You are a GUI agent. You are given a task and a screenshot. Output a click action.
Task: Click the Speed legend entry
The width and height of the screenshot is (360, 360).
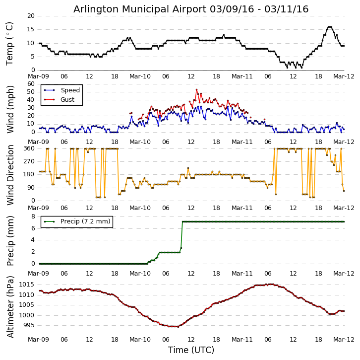point(70,90)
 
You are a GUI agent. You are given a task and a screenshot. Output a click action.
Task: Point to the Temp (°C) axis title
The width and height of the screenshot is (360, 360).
point(10,43)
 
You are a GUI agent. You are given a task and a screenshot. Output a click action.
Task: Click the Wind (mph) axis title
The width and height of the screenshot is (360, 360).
point(10,109)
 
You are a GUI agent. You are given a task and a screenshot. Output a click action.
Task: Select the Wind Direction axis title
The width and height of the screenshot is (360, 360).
point(10,175)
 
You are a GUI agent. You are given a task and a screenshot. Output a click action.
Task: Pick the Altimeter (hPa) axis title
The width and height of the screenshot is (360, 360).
point(10,306)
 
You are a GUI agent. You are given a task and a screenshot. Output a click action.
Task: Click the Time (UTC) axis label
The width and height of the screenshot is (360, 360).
point(191,350)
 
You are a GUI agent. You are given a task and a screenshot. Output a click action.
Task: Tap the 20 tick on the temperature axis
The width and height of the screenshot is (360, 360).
point(31,16)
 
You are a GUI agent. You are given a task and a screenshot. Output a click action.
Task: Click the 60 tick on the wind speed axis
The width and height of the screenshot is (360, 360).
point(31,84)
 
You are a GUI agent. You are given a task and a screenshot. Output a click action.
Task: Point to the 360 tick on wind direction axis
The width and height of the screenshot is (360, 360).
point(28,148)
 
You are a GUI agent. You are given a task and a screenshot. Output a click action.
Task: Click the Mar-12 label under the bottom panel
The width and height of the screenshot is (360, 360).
point(344,340)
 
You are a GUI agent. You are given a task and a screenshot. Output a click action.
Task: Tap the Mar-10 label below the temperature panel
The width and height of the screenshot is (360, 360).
point(140,76)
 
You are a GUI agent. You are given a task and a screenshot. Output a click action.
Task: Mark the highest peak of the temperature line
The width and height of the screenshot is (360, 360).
point(329,27)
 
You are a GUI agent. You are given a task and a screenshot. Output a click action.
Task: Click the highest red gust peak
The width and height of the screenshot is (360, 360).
point(196,89)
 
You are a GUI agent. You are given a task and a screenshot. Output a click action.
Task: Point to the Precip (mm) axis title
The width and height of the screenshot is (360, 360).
point(10,240)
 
